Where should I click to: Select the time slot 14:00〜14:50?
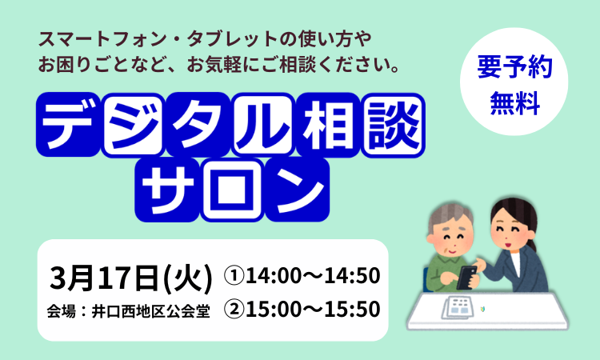[x=313, y=276]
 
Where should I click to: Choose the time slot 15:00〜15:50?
[x=313, y=309]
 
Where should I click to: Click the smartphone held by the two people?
[x=466, y=277]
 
